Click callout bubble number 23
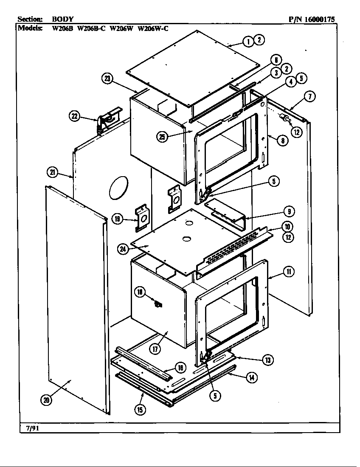pos(107,79)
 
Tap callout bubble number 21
pos(52,172)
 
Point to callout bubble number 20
pos(46,399)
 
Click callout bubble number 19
pos(118,219)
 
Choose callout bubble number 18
pos(140,292)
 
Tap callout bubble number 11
pos(288,271)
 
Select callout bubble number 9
pos(288,211)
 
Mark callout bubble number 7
pos(310,97)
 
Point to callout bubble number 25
pos(161,137)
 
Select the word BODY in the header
pos(62,19)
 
